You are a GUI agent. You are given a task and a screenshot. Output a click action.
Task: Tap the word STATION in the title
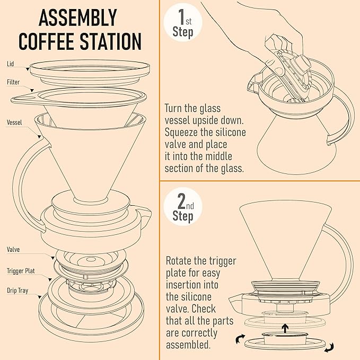pyautogui.click(x=110, y=41)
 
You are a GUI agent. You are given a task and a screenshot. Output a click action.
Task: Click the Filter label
pyautogui.click(x=13, y=82)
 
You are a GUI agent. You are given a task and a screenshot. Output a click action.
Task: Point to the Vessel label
pyautogui.click(x=14, y=121)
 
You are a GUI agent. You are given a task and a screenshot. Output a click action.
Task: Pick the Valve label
pyautogui.click(x=13, y=249)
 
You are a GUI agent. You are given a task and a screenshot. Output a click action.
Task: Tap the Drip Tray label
pyautogui.click(x=19, y=291)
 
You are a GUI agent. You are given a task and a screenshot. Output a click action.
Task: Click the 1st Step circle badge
pyautogui.click(x=182, y=22)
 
